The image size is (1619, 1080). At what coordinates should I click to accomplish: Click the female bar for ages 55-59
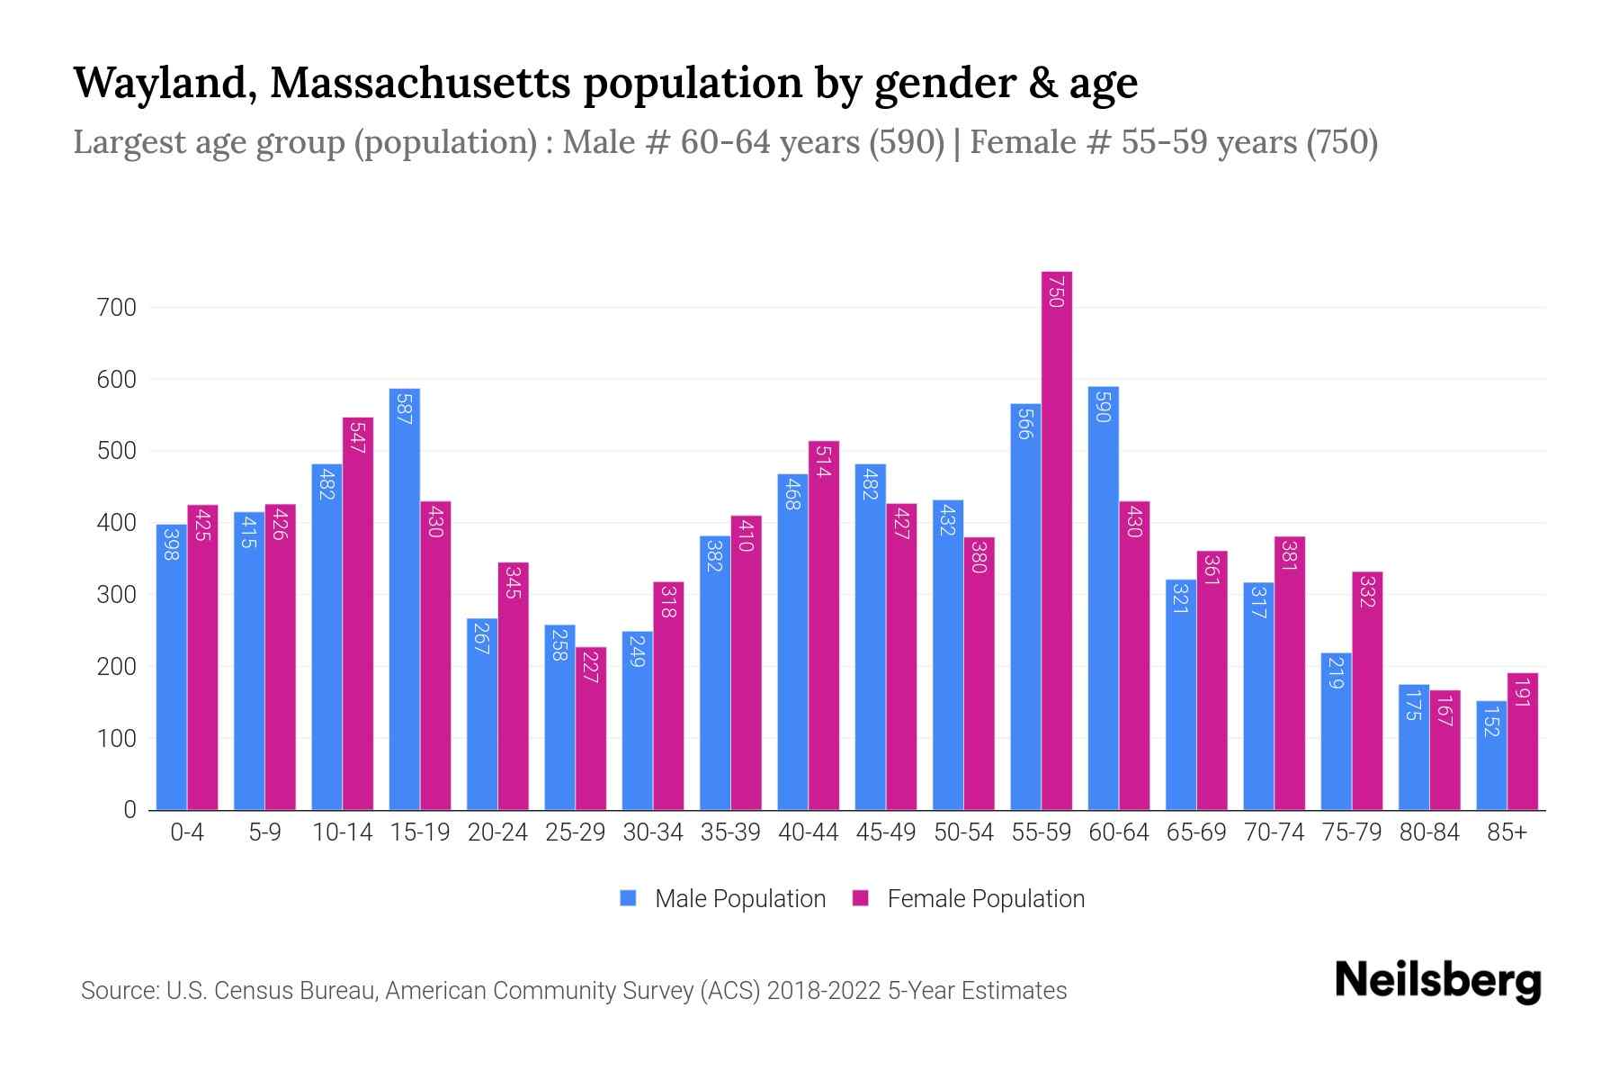[x=1057, y=540]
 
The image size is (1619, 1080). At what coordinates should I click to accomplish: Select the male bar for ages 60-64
[x=1103, y=598]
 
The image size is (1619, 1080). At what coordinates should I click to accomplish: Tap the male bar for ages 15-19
[x=404, y=599]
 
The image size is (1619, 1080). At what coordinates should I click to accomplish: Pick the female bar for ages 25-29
[x=591, y=728]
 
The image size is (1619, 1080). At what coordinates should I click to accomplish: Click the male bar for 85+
[x=1491, y=755]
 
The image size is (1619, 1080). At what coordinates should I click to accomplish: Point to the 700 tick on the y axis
[x=116, y=308]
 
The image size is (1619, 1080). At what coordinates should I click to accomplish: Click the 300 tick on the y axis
[x=116, y=595]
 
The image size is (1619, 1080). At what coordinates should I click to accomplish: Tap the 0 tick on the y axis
[x=130, y=810]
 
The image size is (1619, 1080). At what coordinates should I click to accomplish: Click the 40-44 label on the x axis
[x=808, y=832]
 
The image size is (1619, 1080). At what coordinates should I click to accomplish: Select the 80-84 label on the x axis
[x=1429, y=832]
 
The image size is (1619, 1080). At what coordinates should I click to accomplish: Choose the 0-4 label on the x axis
[x=187, y=832]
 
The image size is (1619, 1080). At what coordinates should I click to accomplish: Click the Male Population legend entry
[x=739, y=899]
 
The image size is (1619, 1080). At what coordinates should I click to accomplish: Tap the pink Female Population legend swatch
[x=861, y=898]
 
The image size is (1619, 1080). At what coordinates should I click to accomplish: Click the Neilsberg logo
[x=1437, y=981]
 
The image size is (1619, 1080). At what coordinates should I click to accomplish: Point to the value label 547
[x=357, y=438]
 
